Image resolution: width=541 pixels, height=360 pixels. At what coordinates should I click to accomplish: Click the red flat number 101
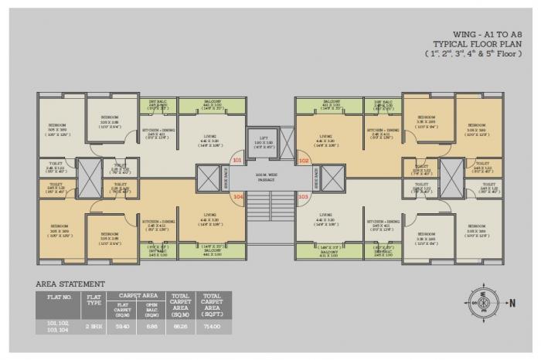tap(236, 161)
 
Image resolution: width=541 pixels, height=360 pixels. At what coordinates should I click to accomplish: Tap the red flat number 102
tap(304, 161)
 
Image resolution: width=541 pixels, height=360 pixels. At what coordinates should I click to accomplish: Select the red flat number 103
tap(303, 197)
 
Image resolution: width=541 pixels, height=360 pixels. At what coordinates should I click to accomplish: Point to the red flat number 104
tap(238, 197)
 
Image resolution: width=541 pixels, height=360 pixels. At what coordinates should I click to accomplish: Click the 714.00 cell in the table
tap(212, 327)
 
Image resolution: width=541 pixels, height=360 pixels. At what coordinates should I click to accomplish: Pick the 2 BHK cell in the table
tap(94, 327)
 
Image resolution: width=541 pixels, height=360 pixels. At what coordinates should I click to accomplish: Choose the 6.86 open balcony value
tap(151, 327)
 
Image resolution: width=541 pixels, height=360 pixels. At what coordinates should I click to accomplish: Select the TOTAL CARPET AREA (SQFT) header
tap(212, 302)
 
